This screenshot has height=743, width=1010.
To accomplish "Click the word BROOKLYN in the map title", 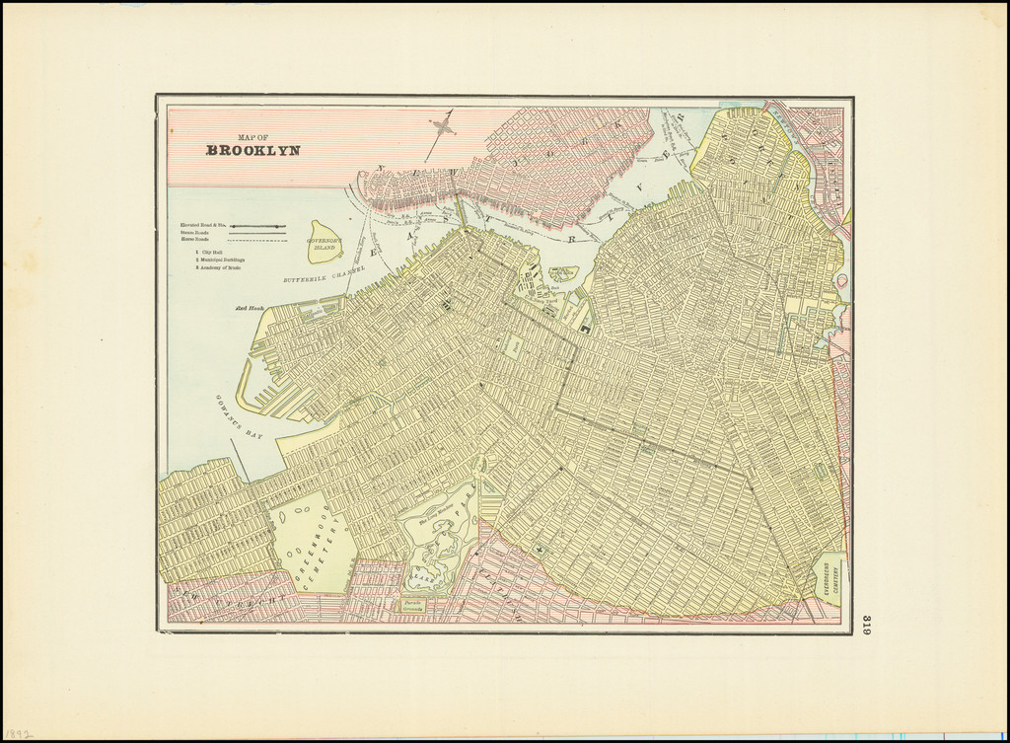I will tap(252, 151).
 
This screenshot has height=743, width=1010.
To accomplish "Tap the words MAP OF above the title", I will tap(253, 137).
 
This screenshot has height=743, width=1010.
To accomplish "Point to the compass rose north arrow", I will tap(441, 127).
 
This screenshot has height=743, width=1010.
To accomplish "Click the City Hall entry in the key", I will tap(211, 253).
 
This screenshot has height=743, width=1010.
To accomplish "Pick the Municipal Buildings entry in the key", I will tap(220, 260).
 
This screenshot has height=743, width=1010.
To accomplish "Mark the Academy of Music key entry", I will tap(219, 267).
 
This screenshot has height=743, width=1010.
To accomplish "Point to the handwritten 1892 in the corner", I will tap(19, 734).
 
